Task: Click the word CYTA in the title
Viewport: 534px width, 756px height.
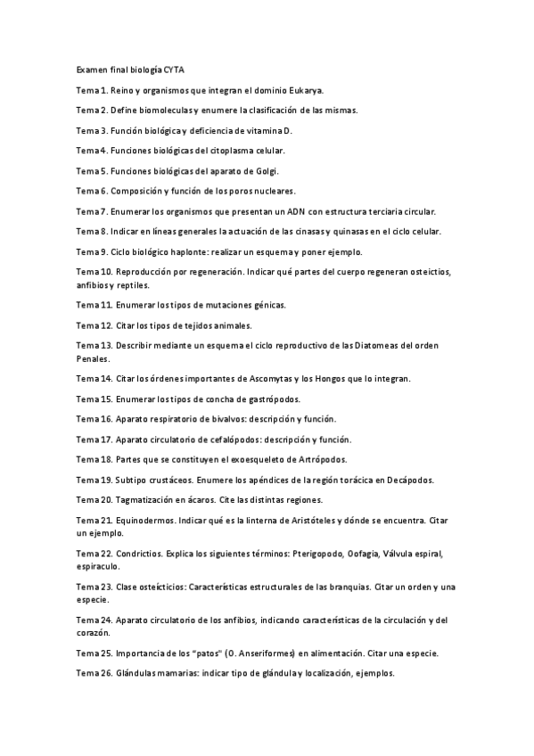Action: point(175,69)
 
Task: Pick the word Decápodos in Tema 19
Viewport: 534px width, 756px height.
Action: point(407,480)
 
